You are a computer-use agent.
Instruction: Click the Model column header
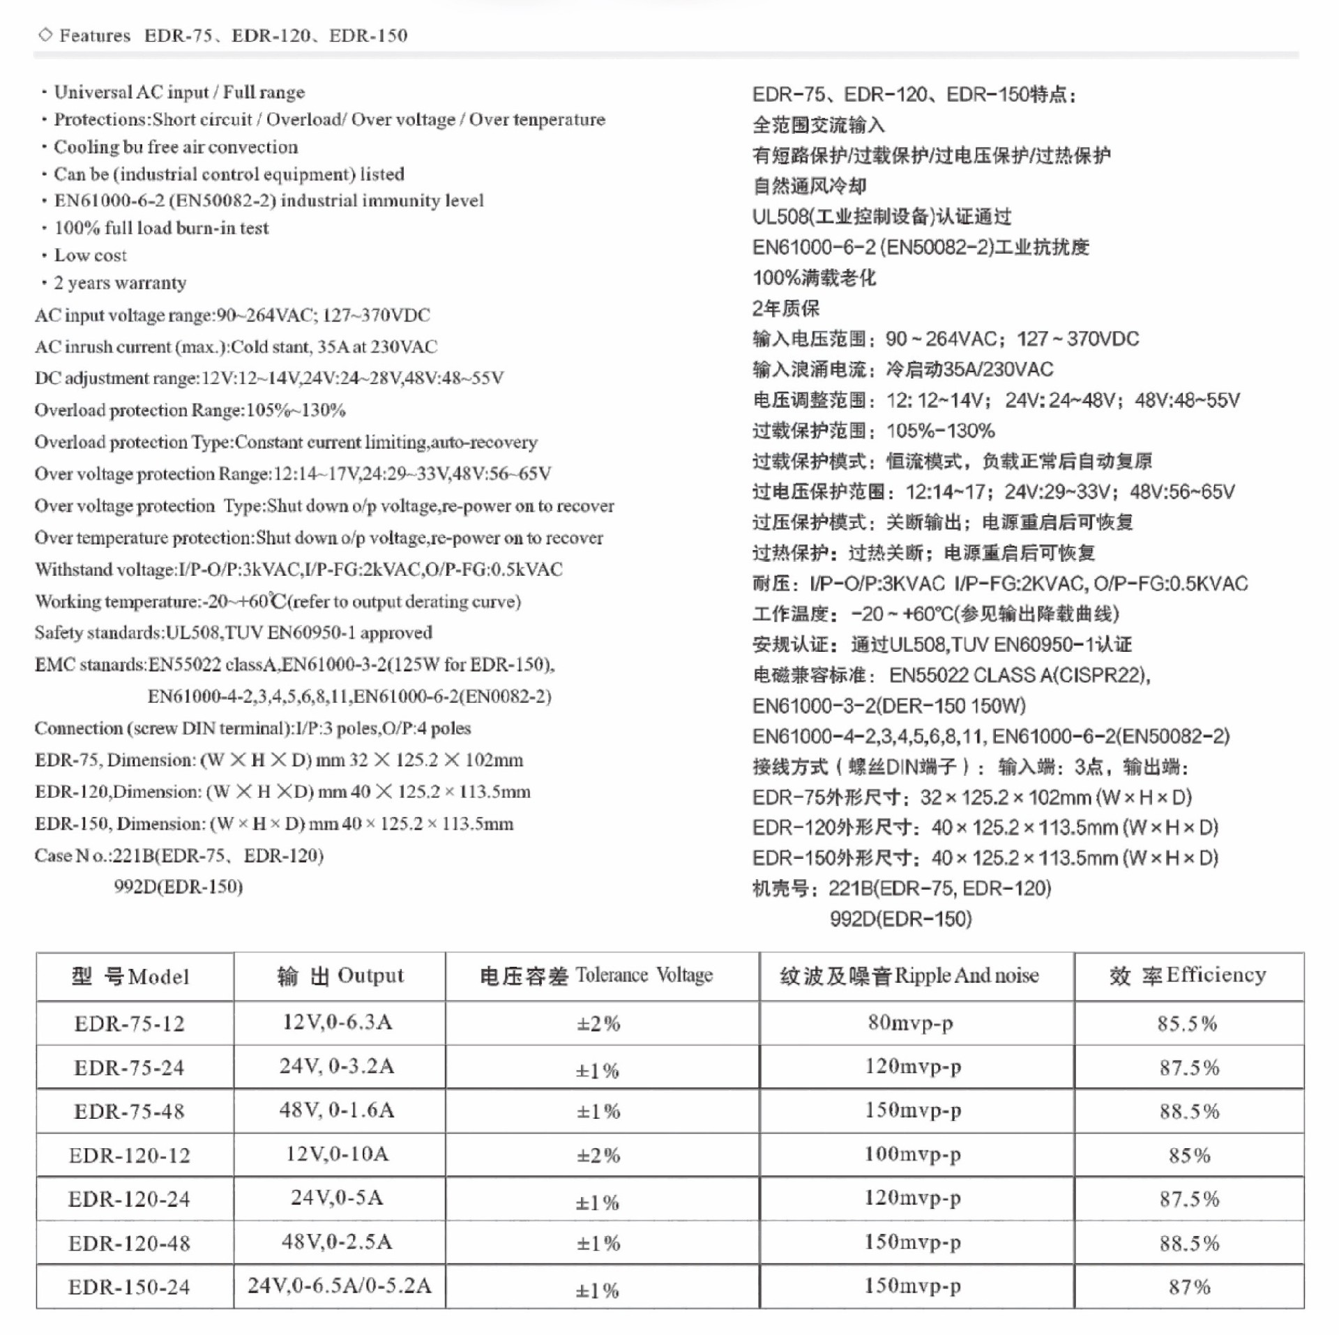click(130, 976)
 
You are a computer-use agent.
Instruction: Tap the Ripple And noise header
click(909, 975)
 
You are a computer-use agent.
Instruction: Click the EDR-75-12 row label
click(130, 1023)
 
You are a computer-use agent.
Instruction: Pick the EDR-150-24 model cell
click(130, 1287)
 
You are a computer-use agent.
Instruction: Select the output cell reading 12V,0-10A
click(338, 1154)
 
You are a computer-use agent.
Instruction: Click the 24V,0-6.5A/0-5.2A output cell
click(340, 1286)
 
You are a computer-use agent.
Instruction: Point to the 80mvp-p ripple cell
click(911, 1023)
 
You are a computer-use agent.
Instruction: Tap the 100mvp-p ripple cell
click(913, 1154)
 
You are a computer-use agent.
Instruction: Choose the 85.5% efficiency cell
click(1188, 1023)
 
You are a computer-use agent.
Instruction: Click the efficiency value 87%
click(1190, 1287)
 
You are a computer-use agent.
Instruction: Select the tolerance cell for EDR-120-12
click(598, 1156)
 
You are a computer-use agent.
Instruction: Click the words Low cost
click(91, 255)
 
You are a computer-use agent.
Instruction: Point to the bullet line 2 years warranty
click(120, 282)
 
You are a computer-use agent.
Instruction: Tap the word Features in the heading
click(95, 36)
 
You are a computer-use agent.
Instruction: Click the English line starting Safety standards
click(234, 632)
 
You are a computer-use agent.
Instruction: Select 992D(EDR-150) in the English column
click(179, 887)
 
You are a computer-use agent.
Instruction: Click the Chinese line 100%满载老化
click(814, 278)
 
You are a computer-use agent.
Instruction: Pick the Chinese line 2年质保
click(786, 308)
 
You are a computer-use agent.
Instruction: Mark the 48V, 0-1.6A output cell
click(338, 1110)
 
